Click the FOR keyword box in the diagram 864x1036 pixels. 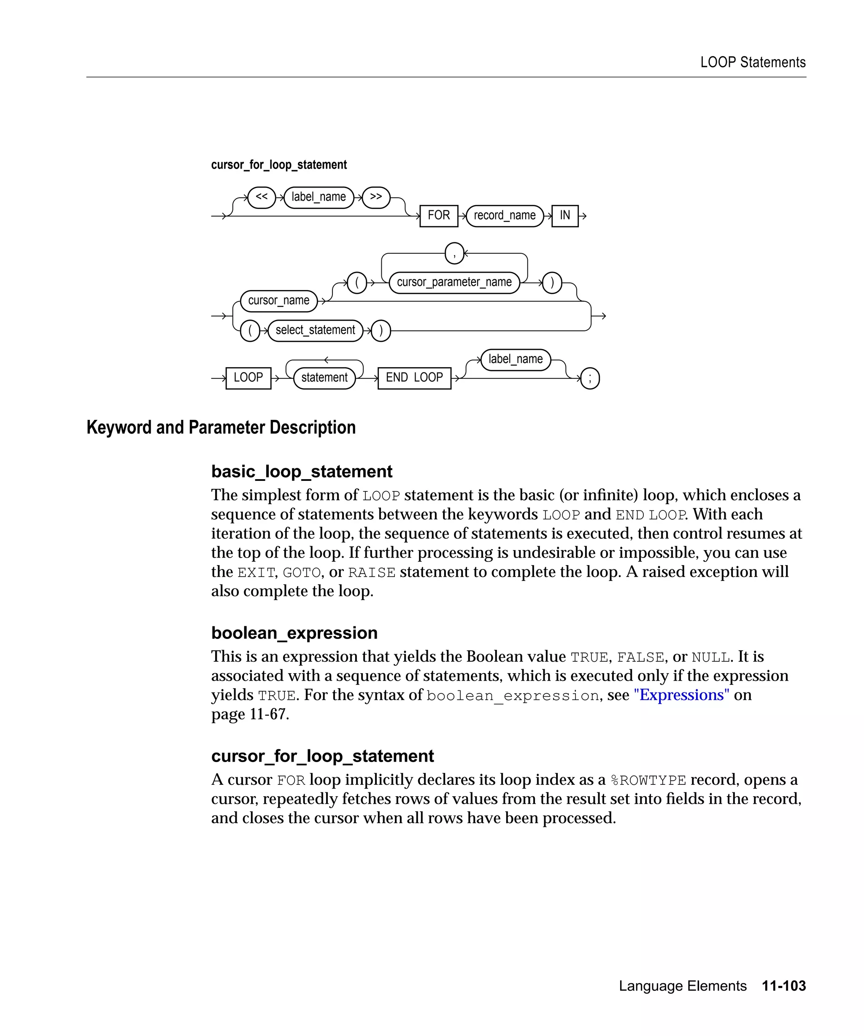(438, 215)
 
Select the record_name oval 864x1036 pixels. (504, 215)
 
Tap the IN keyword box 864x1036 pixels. (564, 215)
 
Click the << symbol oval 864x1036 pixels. (261, 197)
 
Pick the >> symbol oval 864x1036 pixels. (376, 197)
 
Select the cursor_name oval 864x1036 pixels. (278, 301)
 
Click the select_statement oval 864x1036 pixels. (315, 330)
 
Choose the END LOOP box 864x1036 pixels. (414, 378)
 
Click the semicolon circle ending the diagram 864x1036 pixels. (589, 379)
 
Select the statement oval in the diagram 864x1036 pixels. (324, 378)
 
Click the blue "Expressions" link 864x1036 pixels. (681, 695)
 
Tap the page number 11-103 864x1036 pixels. (783, 986)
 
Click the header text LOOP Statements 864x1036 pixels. (753, 63)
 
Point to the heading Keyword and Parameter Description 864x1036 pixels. (221, 427)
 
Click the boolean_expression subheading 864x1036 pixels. (294, 633)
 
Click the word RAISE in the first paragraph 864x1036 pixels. (371, 573)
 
